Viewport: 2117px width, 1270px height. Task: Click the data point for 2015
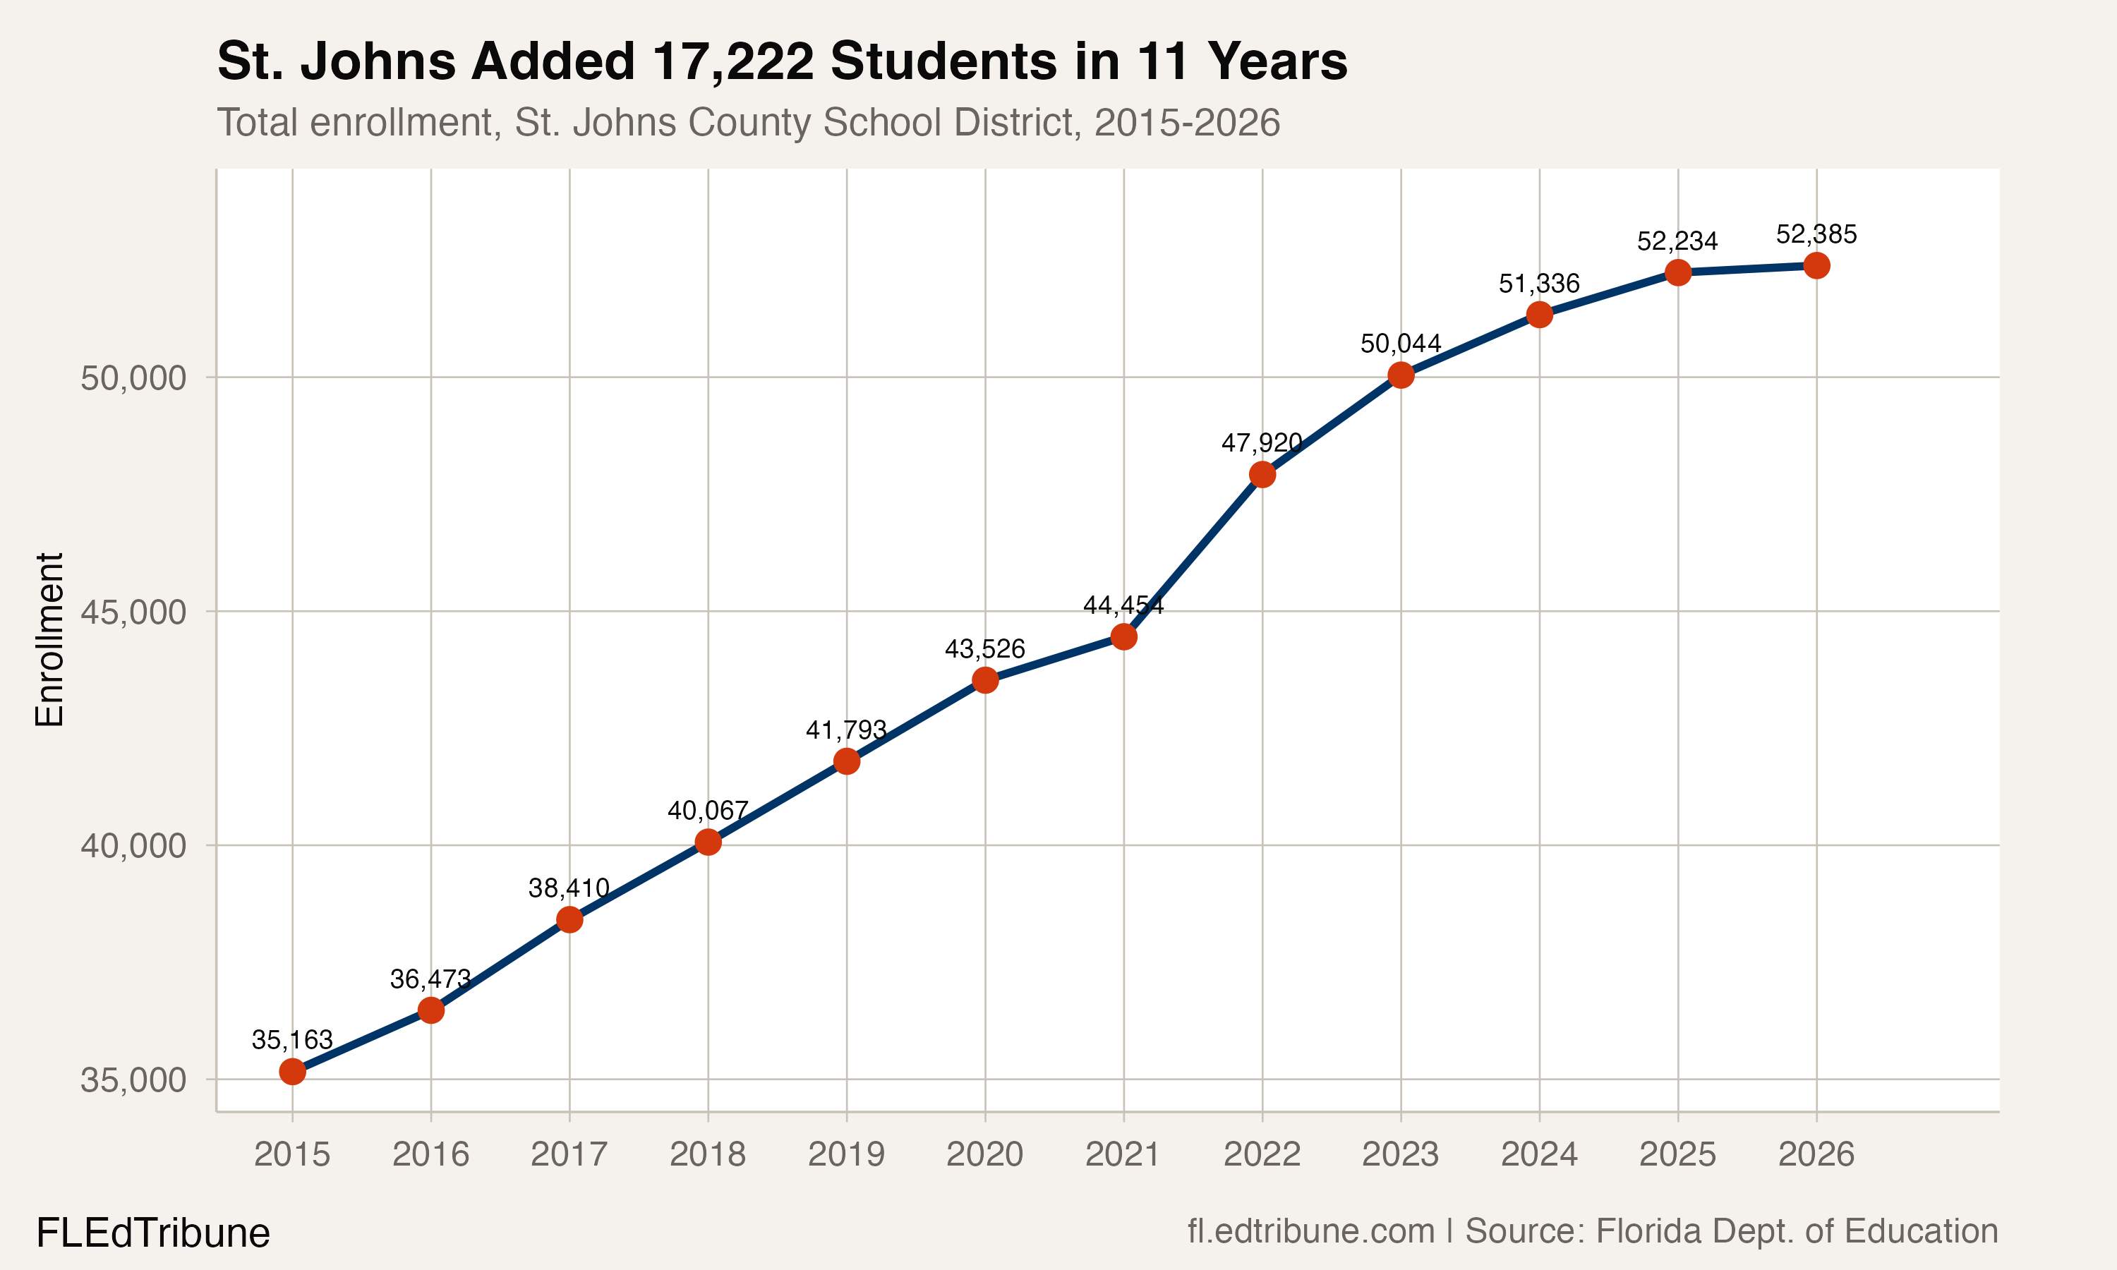point(293,1072)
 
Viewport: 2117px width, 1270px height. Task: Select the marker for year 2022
point(1262,474)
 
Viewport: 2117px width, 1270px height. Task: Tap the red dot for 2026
point(1816,266)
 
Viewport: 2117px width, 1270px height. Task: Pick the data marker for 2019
point(846,761)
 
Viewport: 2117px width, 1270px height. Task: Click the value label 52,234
point(1677,241)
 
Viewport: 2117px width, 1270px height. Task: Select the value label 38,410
point(568,888)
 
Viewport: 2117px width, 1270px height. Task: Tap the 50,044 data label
point(1401,344)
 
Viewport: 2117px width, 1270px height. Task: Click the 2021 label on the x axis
point(1123,1154)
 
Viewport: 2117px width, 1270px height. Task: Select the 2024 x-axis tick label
point(1538,1154)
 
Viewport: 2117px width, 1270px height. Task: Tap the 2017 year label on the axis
point(568,1154)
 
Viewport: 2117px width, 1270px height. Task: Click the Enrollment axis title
point(49,639)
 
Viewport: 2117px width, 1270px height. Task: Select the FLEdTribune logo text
point(152,1233)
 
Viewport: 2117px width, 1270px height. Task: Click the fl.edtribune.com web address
point(1310,1231)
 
